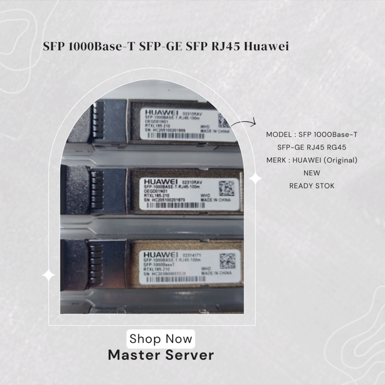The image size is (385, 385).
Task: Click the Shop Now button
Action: point(161,339)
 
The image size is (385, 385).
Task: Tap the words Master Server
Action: point(161,355)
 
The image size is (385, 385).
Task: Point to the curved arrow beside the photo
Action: point(243,123)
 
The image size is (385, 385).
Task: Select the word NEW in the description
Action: point(312,173)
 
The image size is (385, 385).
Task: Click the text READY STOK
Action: point(312,186)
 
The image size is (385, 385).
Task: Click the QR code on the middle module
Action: point(226,187)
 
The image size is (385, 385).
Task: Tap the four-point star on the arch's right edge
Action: point(255,179)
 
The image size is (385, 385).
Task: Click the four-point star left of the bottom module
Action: point(49,275)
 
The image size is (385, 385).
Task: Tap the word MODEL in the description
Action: point(278,134)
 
